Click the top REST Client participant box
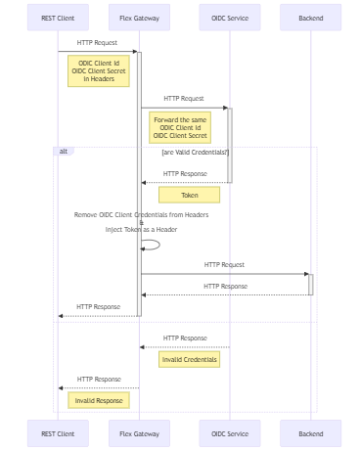pos(58,18)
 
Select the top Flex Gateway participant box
pos(139,18)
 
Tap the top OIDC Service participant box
pos(229,18)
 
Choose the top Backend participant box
pos(310,18)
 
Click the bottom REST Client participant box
pos(58,432)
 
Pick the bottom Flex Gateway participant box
pos(139,432)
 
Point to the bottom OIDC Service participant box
pos(229,432)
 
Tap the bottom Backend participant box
pos(310,432)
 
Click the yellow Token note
pos(189,195)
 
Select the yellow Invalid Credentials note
pos(189,359)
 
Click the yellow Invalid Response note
pos(99,400)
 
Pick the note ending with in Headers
pos(98,70)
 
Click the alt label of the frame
pos(63,152)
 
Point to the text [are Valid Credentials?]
pos(195,153)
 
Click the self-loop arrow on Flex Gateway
pos(152,245)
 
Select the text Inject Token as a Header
pos(141,230)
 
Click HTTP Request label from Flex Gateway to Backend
pos(224,264)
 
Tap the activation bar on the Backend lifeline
pos(310,284)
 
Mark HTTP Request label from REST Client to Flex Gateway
pos(97,43)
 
